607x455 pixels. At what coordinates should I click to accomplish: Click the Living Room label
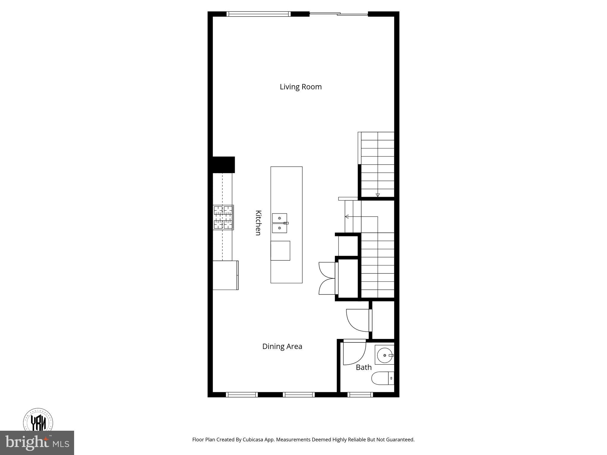(x=301, y=87)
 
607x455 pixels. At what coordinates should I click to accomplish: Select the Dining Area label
(x=282, y=346)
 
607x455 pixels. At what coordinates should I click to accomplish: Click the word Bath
(x=363, y=367)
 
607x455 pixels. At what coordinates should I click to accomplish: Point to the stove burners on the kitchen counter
(x=223, y=217)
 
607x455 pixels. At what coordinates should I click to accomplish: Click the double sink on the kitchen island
(x=279, y=223)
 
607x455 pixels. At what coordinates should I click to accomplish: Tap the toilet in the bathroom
(x=382, y=378)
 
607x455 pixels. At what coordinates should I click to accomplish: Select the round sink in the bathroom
(x=384, y=355)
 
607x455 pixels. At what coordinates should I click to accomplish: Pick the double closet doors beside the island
(x=327, y=278)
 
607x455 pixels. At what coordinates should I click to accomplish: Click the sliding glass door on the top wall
(x=338, y=14)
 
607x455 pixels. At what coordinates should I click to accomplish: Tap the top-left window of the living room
(x=258, y=14)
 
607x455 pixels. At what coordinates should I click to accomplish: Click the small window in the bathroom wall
(x=360, y=395)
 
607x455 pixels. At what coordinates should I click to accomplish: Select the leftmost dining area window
(x=242, y=395)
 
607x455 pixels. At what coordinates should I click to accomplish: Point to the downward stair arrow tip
(x=378, y=196)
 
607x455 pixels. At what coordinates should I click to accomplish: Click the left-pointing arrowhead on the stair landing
(x=346, y=217)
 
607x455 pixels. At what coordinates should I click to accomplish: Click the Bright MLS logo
(x=37, y=443)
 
